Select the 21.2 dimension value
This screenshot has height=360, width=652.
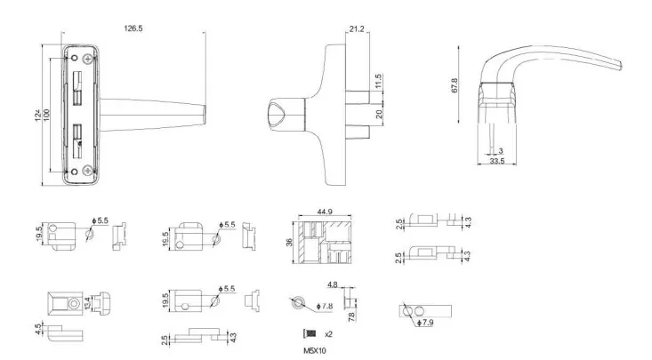[356, 29]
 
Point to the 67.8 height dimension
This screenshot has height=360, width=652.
[455, 86]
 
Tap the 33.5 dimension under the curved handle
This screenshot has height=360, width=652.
[497, 163]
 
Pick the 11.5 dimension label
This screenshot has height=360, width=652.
[378, 82]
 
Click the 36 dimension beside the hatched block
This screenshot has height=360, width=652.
[288, 243]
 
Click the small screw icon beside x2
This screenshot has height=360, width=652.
[310, 332]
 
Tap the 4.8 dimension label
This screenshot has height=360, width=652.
[331, 285]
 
